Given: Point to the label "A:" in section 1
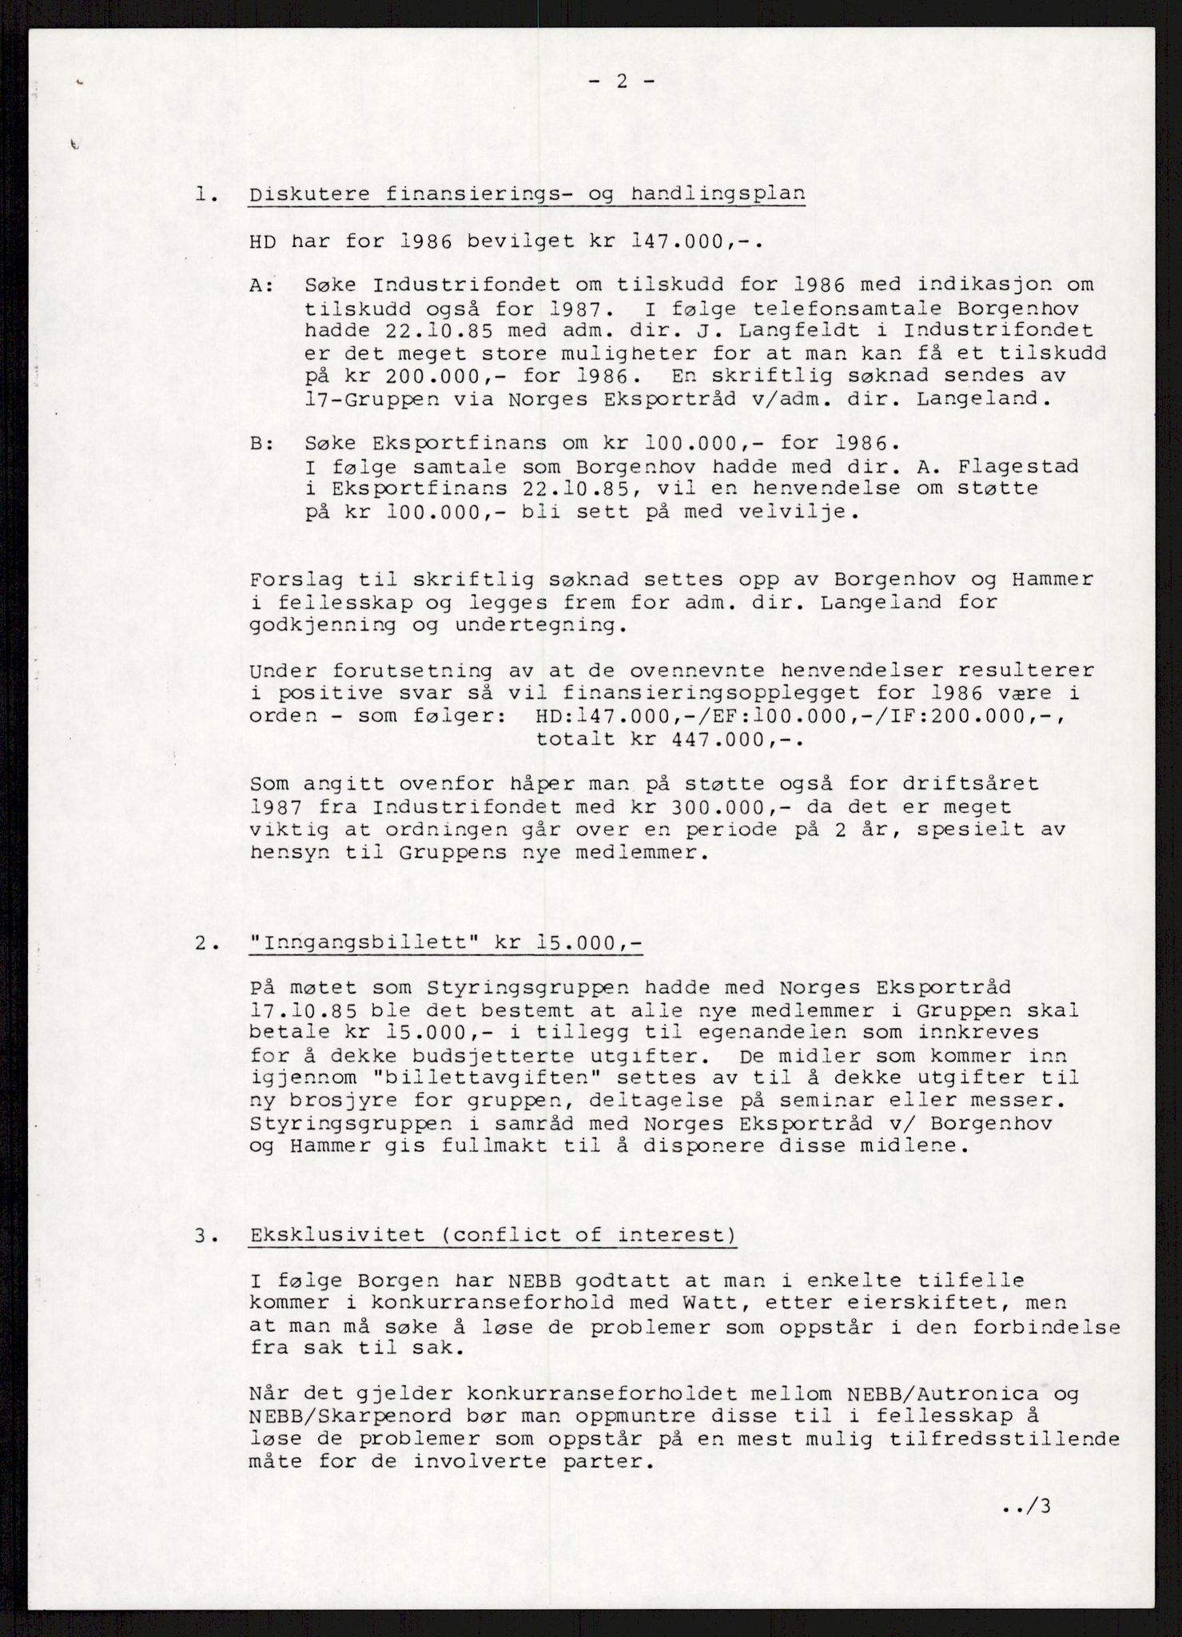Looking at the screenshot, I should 261,285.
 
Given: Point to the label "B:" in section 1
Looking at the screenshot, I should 261,443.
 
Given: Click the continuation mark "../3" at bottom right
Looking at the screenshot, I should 1028,1508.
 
